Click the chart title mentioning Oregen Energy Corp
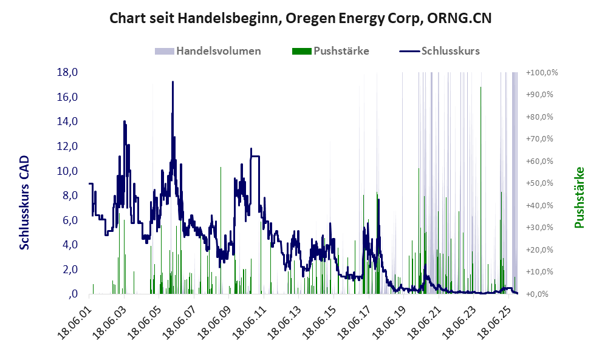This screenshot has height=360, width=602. pyautogui.click(x=301, y=18)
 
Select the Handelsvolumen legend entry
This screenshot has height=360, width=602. pyautogui.click(x=218, y=51)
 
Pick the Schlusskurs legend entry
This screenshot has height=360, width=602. pyautogui.click(x=450, y=51)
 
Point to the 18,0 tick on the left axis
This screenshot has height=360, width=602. pyautogui.click(x=67, y=72)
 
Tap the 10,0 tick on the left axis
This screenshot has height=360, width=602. pyautogui.click(x=67, y=171)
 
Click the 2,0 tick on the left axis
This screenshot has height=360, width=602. pyautogui.click(x=70, y=270)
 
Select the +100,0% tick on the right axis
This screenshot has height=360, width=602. pyautogui.click(x=541, y=72)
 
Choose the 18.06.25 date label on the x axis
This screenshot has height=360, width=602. pyautogui.click(x=494, y=317)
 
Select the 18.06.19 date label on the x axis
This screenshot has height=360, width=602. pyautogui.click(x=389, y=317)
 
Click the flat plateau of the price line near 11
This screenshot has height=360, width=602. pyautogui.click(x=255, y=156)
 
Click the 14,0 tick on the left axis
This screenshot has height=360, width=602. pyautogui.click(x=67, y=121)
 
